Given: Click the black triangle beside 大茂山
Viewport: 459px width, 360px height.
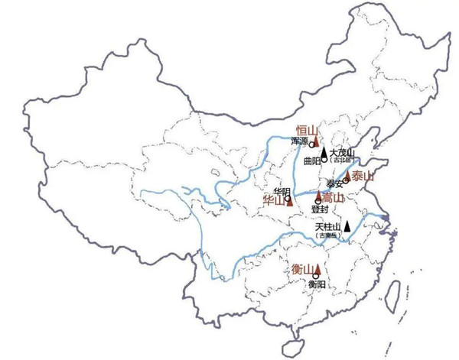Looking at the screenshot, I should (x=324, y=152).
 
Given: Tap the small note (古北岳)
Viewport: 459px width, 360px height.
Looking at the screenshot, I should (x=343, y=161).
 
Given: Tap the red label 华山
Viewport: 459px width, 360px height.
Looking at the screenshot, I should (x=273, y=201).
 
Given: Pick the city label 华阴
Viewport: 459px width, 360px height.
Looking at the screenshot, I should (x=282, y=190).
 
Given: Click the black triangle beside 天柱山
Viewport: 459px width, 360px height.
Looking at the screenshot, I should (x=347, y=225).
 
